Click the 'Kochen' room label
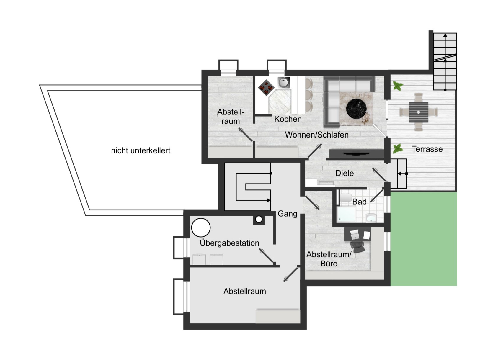click(x=288, y=119)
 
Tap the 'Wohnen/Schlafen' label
click(x=317, y=135)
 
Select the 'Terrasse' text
click(x=427, y=149)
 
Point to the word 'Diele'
click(x=345, y=173)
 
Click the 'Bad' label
click(x=359, y=202)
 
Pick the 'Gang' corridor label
click(x=287, y=214)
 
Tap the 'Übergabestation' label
click(x=229, y=243)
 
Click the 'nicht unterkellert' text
click(x=141, y=150)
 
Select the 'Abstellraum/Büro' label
click(x=329, y=259)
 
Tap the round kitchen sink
click(x=284, y=83)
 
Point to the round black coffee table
click(x=356, y=109)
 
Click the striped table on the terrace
click(x=418, y=112)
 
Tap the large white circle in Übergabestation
click(x=201, y=228)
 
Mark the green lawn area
click(x=424, y=239)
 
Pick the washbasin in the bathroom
click(x=371, y=218)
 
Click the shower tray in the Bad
click(x=346, y=214)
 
